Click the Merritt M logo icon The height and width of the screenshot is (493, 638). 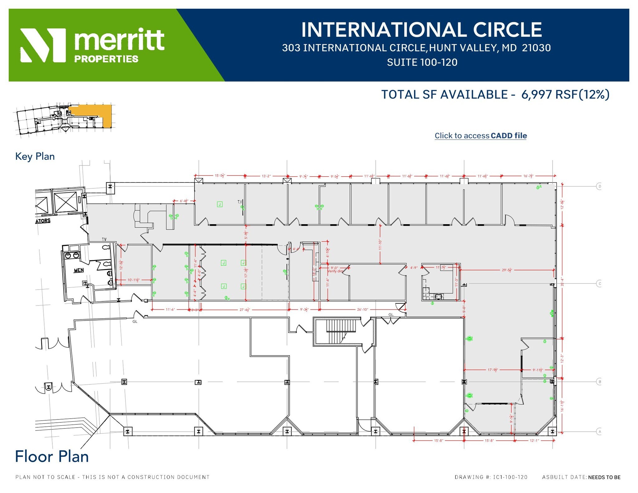click(43, 45)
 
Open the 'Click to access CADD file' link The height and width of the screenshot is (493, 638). click(480, 136)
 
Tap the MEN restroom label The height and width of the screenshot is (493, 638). click(79, 270)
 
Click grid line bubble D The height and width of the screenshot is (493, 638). click(599, 187)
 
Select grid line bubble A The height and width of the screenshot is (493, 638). click(599, 432)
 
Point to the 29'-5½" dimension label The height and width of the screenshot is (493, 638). click(507, 270)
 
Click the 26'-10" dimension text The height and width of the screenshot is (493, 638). click(362, 310)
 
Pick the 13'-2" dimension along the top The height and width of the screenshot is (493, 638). click(266, 176)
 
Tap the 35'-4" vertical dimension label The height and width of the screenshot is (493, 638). click(563, 282)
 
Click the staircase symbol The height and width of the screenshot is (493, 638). click(341, 331)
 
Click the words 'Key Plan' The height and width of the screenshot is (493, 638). click(35, 156)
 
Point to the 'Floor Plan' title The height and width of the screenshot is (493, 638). click(52, 457)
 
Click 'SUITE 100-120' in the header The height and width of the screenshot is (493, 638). click(422, 62)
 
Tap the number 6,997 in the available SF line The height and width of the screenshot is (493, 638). click(536, 94)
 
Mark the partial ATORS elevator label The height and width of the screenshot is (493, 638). click(43, 221)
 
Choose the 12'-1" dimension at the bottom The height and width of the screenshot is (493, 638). click(534, 441)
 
